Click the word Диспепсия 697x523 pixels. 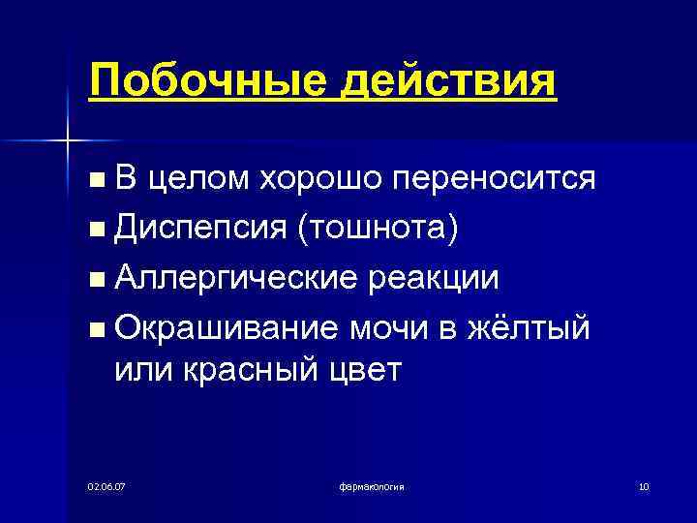click(200, 230)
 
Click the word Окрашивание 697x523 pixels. click(226, 327)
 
